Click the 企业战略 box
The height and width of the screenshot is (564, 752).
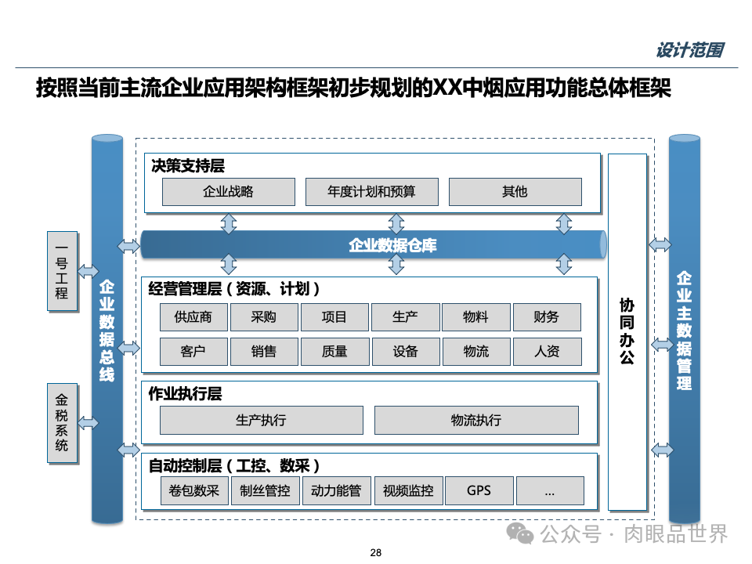click(228, 191)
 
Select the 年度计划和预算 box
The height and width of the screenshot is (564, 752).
click(371, 191)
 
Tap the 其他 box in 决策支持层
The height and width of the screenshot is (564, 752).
click(515, 191)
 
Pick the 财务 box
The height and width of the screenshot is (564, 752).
click(547, 317)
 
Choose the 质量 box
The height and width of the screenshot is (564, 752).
click(334, 352)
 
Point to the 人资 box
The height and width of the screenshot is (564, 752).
click(547, 352)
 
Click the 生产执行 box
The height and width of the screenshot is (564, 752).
click(261, 420)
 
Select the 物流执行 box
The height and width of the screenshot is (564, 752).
click(476, 420)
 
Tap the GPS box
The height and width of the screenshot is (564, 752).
click(479, 491)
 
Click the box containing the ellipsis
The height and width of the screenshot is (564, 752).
click(549, 491)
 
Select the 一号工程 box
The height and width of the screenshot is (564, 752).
click(62, 271)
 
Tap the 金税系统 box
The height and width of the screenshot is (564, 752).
click(62, 423)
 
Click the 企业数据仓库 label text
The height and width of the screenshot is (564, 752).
click(392, 245)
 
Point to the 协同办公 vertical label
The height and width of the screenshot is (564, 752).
click(627, 332)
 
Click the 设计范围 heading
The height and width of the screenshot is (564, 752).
click(689, 51)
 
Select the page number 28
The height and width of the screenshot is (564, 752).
click(375, 553)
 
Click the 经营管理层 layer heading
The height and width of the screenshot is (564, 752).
click(234, 289)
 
